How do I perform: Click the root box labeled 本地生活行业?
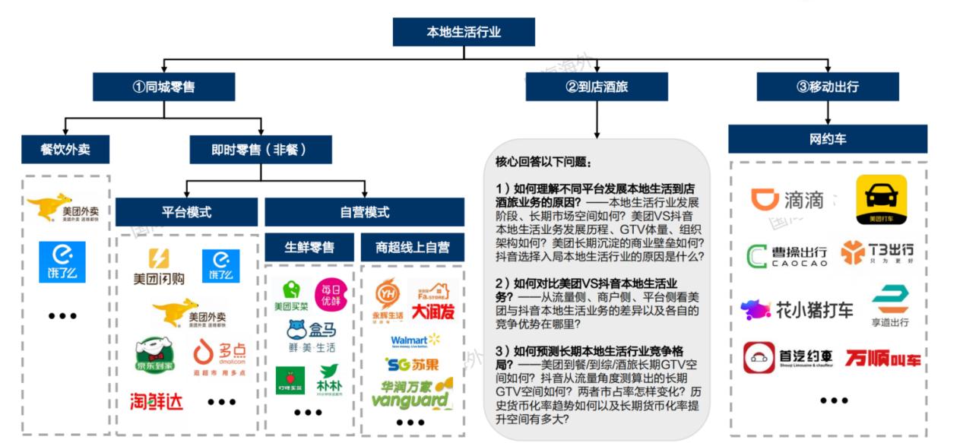[x=463, y=32]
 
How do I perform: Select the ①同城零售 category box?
[x=163, y=87]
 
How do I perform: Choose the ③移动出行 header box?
[x=827, y=87]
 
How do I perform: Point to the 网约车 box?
[x=827, y=139]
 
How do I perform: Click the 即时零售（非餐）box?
[x=260, y=150]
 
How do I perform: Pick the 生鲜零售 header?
[x=309, y=247]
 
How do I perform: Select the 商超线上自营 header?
[x=412, y=247]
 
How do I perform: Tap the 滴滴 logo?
[x=787, y=200]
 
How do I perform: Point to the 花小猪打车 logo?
[x=797, y=309]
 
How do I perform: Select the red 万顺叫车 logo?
[x=882, y=357]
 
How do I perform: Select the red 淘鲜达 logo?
[x=157, y=400]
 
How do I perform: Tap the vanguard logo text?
[x=410, y=400]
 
